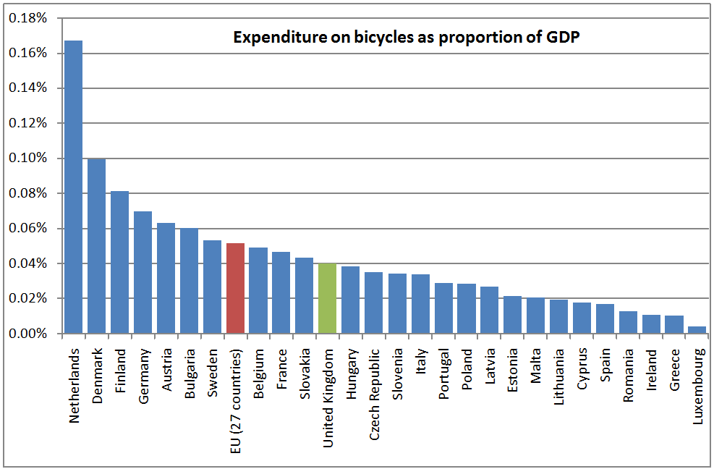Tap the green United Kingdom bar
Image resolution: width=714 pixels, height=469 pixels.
tap(328, 298)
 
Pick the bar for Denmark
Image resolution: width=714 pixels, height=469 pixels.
tap(96, 246)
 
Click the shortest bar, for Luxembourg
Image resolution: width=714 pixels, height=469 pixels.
tap(697, 330)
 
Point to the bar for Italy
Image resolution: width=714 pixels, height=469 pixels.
tap(420, 304)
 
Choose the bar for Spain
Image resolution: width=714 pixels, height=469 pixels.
tap(605, 318)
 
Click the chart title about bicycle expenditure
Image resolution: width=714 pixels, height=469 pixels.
tap(407, 38)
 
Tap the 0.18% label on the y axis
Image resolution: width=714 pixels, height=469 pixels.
tap(28, 18)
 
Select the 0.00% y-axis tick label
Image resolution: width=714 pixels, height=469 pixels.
tap(28, 334)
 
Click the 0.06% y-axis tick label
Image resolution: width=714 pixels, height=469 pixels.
tap(28, 229)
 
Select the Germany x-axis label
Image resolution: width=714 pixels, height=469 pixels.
tap(143, 369)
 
